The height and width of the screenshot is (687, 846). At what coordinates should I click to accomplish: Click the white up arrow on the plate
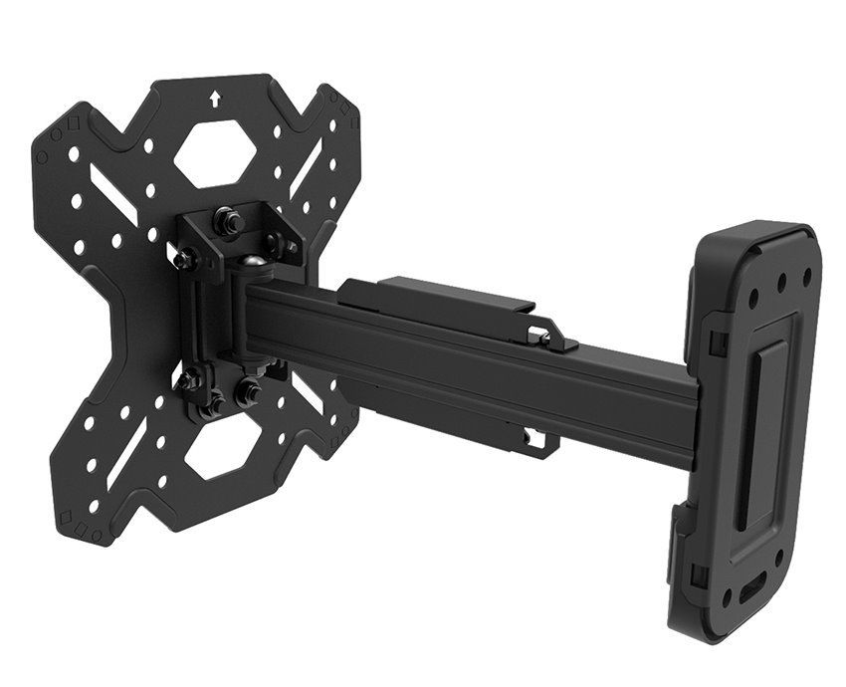217,100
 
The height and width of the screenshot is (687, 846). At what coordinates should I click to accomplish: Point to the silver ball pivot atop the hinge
255,265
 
